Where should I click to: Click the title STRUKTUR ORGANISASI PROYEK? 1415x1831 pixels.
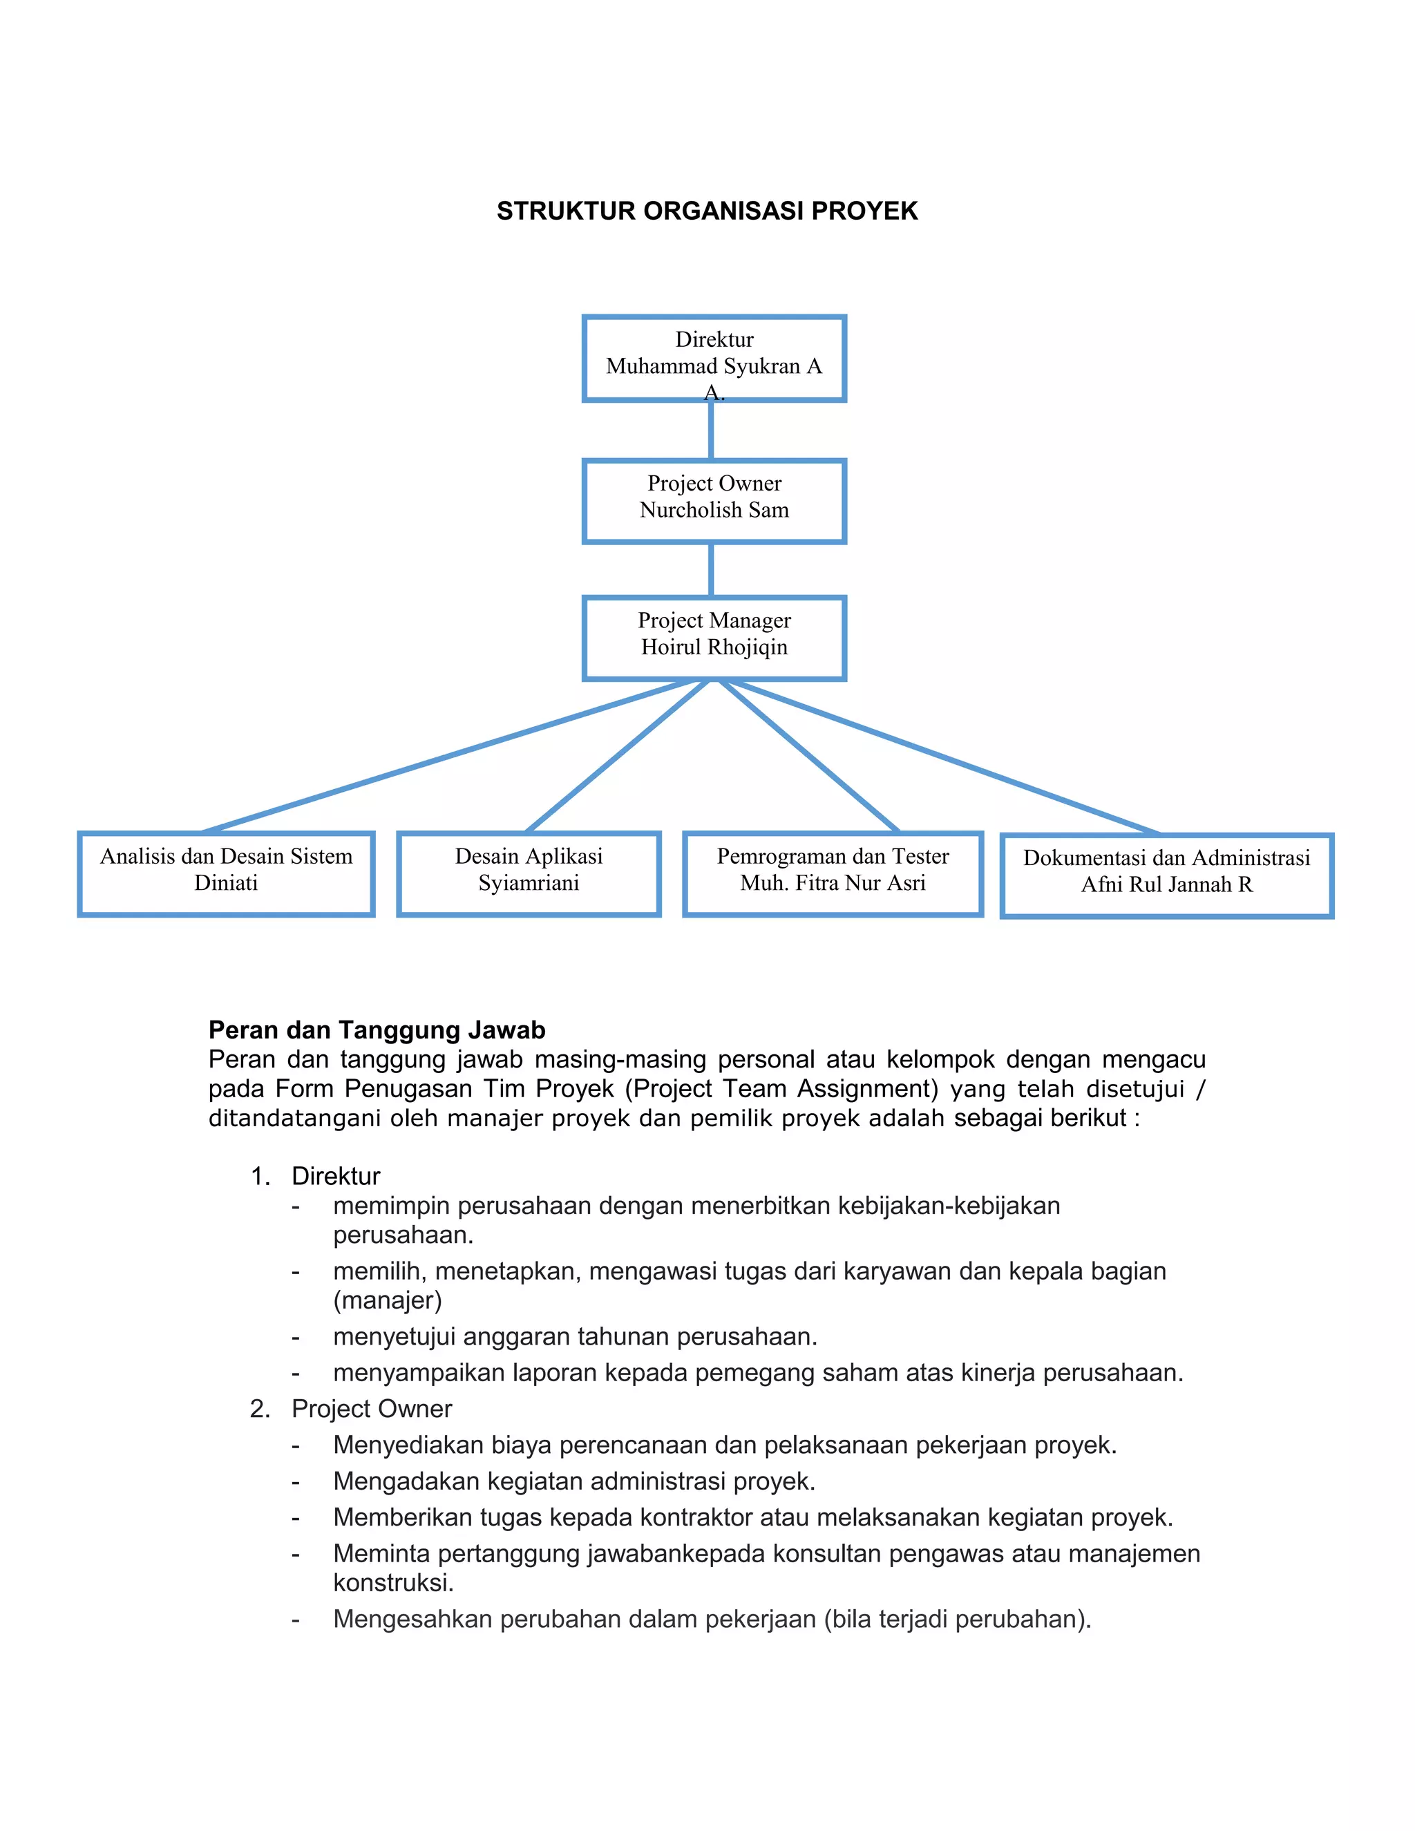[707, 211]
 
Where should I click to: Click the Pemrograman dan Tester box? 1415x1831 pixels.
[833, 873]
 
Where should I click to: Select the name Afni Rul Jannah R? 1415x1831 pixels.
[1166, 884]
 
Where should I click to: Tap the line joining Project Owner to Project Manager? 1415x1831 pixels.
[711, 570]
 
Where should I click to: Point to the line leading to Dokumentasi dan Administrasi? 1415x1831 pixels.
[947, 758]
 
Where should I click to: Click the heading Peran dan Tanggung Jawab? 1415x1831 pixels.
[377, 1030]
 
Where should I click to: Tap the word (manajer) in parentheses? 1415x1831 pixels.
[388, 1300]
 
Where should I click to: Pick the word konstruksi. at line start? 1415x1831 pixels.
[393, 1583]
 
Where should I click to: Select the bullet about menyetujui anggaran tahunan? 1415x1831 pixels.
[575, 1336]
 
